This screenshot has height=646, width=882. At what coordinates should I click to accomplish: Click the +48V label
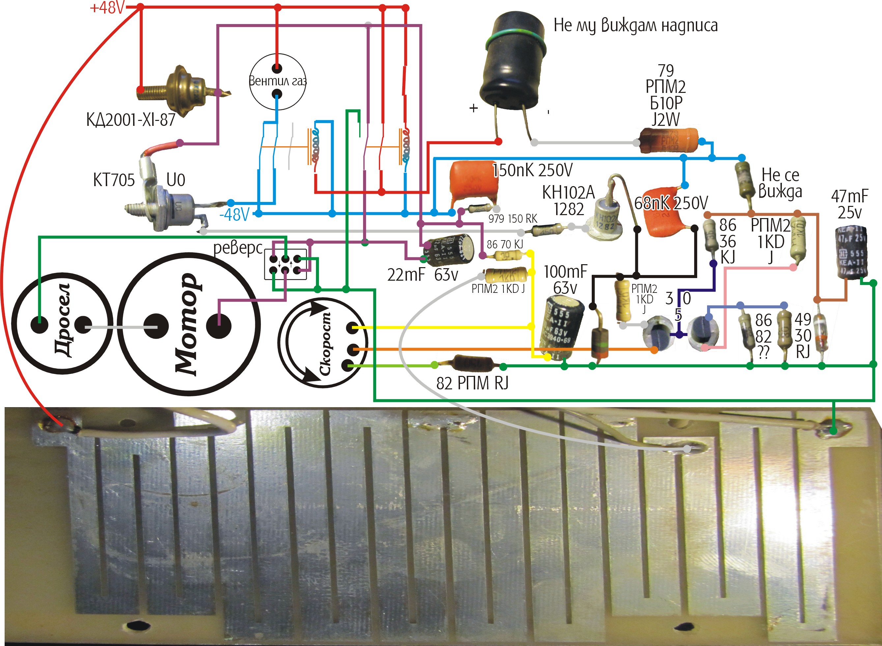pos(106,8)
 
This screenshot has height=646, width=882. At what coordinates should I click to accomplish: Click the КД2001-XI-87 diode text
pos(131,120)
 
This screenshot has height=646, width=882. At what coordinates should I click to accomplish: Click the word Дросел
pos(63,320)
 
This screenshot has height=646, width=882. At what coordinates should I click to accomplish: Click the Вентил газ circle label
pos(277,81)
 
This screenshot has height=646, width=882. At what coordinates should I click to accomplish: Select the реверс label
pos(238,248)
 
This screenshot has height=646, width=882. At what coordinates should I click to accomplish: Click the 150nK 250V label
pos(532,170)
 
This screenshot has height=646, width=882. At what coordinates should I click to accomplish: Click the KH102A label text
pos(568,192)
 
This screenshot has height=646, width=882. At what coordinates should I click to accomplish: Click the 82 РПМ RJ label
pos(472,383)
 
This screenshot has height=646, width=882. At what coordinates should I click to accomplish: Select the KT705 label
pos(114,180)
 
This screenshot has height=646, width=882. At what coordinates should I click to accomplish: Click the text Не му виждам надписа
pos(635,25)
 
